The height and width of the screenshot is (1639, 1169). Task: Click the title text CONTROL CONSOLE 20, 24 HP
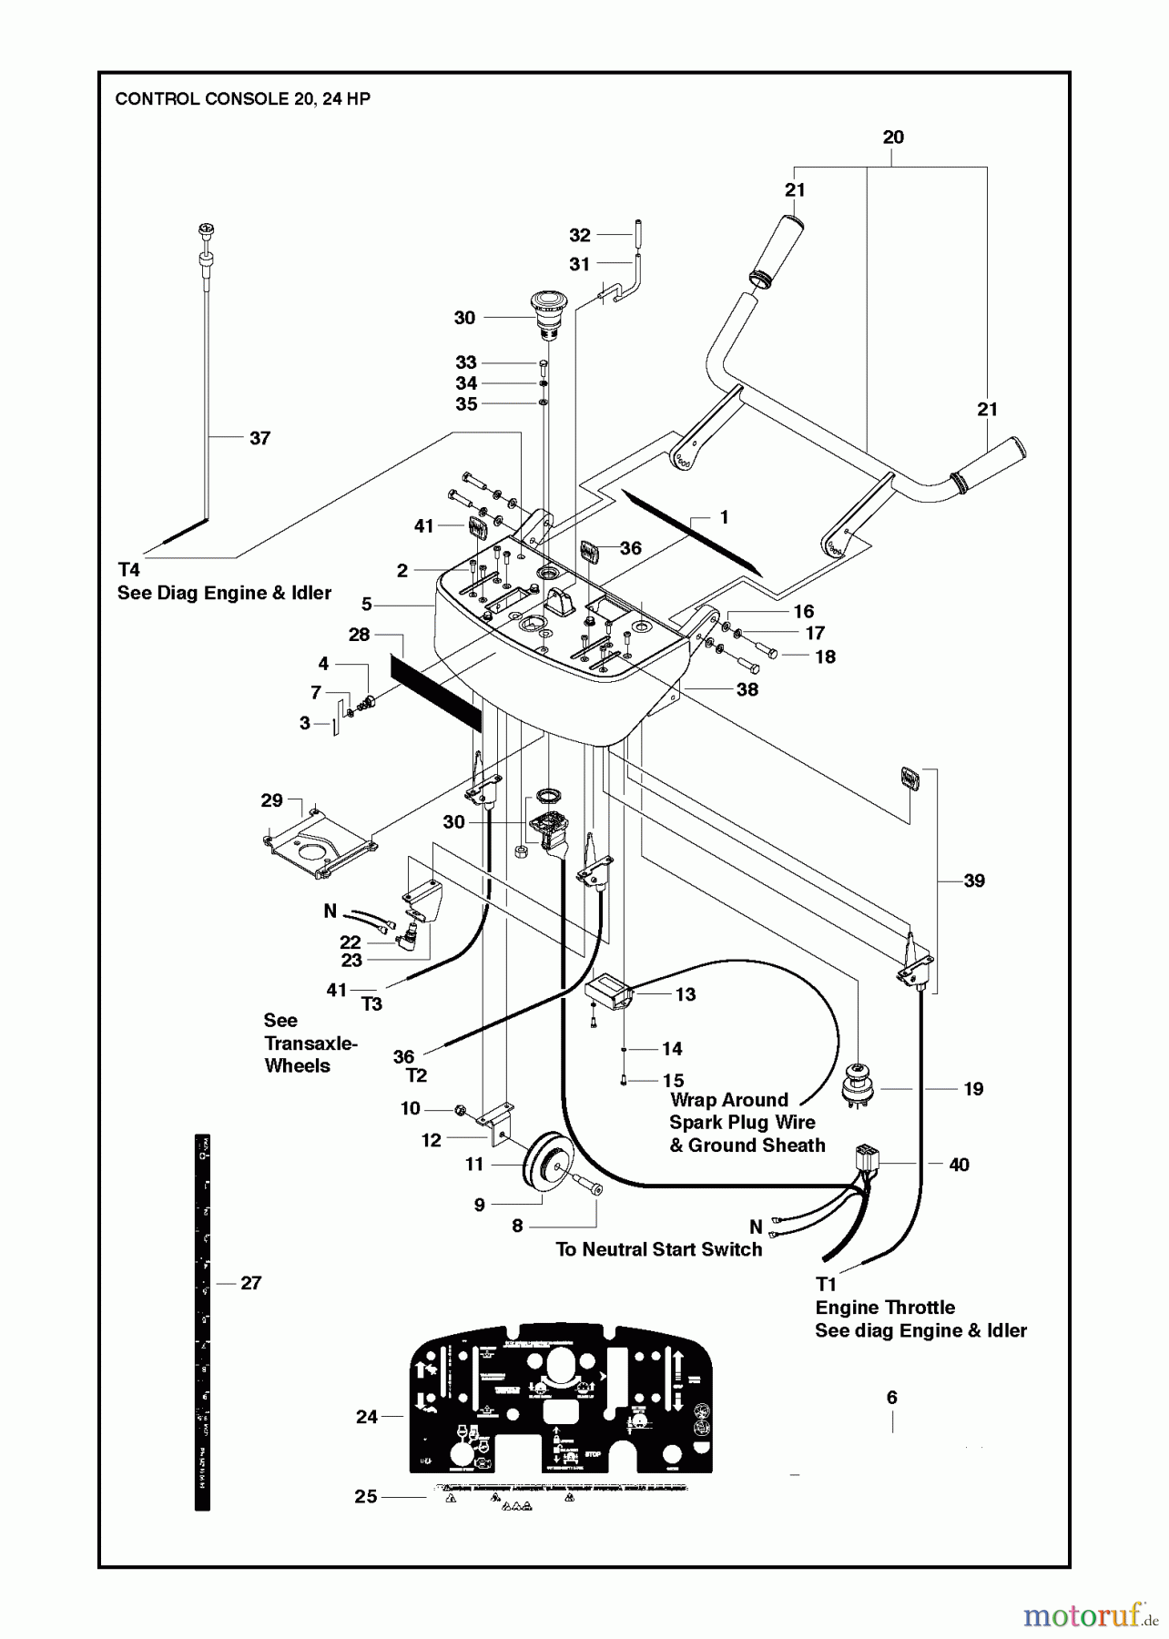pyautogui.click(x=242, y=99)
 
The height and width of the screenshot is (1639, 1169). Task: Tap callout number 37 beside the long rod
pyautogui.click(x=259, y=439)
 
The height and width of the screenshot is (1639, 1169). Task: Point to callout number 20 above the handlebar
pyautogui.click(x=893, y=137)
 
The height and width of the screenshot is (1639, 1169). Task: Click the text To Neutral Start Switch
pyautogui.click(x=659, y=1250)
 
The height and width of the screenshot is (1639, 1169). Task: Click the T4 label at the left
pyautogui.click(x=128, y=570)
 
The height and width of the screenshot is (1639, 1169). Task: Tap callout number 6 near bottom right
pyautogui.click(x=891, y=1398)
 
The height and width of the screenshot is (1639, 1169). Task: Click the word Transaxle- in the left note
pyautogui.click(x=310, y=1043)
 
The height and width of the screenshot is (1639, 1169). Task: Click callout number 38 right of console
pyautogui.click(x=747, y=689)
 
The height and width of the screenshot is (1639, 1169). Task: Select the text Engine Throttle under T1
pyautogui.click(x=885, y=1308)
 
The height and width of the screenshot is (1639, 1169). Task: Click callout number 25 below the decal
pyautogui.click(x=366, y=1497)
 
